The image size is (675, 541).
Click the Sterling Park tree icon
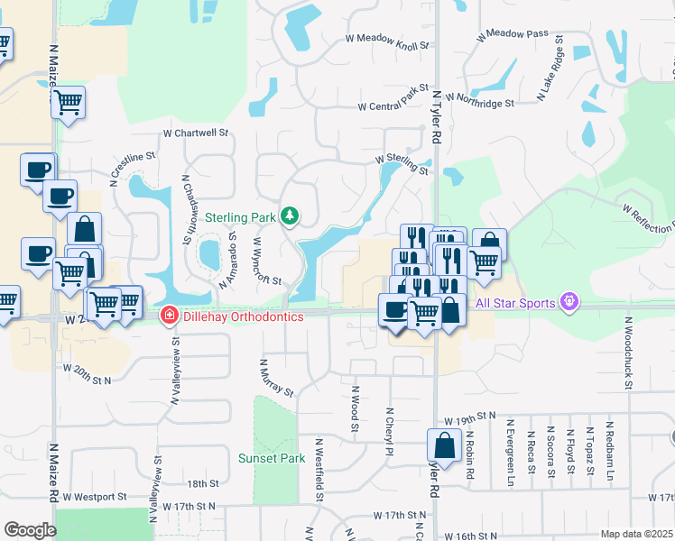click(290, 215)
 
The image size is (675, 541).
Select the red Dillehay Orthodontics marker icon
click(168, 315)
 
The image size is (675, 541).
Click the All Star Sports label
click(514, 303)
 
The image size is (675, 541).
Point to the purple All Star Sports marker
click(569, 301)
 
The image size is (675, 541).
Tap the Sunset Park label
click(272, 458)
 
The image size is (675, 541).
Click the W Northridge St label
click(478, 104)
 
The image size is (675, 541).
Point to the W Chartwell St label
click(196, 133)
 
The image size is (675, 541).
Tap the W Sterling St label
click(402, 163)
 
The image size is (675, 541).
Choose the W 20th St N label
click(87, 368)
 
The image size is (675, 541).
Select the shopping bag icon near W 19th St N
click(444, 445)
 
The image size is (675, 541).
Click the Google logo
click(30, 529)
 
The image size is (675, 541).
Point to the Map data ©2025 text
click(636, 534)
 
